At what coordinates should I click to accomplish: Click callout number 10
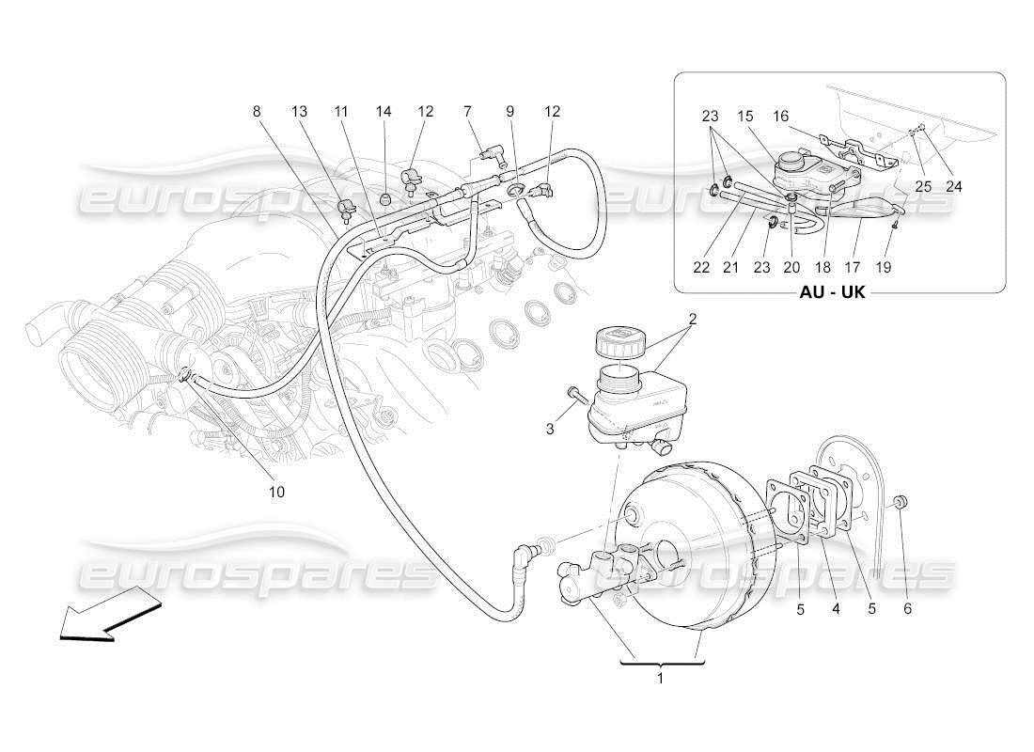(x=277, y=492)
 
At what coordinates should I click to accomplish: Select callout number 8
(x=257, y=112)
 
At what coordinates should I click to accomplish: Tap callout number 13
(x=299, y=112)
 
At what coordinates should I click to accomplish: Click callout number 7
(x=467, y=112)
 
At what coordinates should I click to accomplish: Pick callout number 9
(x=510, y=112)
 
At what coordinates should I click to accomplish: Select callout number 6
(x=907, y=608)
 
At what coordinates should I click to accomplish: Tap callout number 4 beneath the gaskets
(x=835, y=608)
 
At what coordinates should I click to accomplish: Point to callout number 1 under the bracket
(x=661, y=678)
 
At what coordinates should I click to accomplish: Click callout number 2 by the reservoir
(x=692, y=319)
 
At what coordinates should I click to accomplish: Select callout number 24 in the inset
(x=954, y=186)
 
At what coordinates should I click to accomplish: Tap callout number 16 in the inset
(x=781, y=117)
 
